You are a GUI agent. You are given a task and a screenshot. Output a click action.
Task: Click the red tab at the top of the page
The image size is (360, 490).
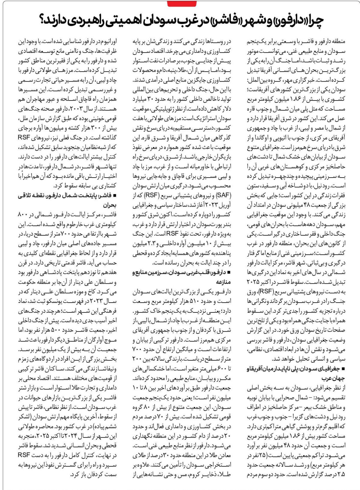point(182,3)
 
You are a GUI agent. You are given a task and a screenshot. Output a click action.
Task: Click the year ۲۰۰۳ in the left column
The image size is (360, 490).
point(76,109)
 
